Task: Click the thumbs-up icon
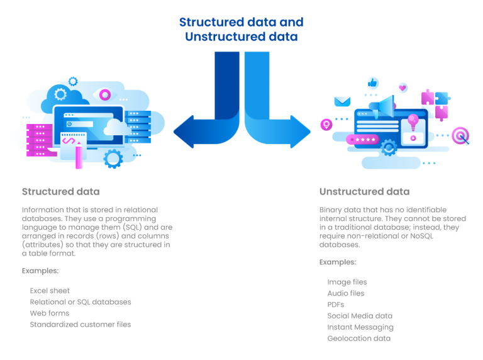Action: click(x=372, y=83)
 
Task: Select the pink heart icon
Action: click(x=402, y=87)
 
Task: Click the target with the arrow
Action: click(x=461, y=135)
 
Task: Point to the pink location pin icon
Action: click(x=326, y=125)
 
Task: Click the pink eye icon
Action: click(x=104, y=94)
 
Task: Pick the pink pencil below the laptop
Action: click(x=79, y=154)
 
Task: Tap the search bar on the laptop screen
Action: click(x=87, y=116)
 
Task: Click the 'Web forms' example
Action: click(x=49, y=313)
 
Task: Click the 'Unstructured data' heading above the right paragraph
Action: click(x=364, y=191)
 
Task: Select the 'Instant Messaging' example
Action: click(x=360, y=327)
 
